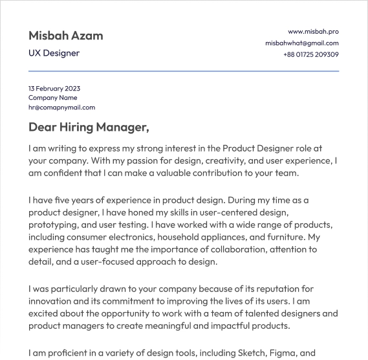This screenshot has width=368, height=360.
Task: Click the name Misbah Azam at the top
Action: pos(65,36)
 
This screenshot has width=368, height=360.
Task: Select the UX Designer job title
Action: pos(54,53)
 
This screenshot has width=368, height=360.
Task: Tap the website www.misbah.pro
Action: pos(313,31)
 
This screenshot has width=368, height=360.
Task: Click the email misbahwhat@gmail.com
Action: pos(301,43)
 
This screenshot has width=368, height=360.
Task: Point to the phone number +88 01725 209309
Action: pos(310,54)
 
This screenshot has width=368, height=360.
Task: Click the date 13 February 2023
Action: pos(54,88)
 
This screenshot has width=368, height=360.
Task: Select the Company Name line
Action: pos(52,98)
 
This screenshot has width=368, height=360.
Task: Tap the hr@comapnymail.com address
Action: pos(61,107)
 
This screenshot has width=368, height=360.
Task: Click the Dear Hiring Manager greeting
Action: pos(89,127)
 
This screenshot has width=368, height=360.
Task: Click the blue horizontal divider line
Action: pos(184,71)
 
